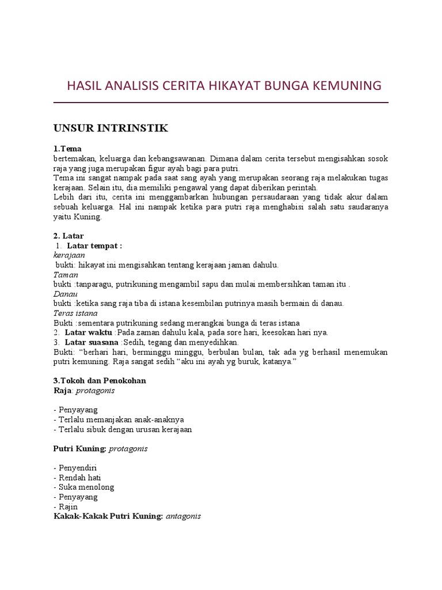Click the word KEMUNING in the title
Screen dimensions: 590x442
tap(346, 86)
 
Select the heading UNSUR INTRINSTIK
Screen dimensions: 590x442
tap(110, 128)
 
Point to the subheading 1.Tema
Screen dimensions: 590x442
tap(67, 149)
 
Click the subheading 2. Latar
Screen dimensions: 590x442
tap(68, 236)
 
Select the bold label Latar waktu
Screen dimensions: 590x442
tap(89, 332)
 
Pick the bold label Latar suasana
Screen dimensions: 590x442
tap(93, 342)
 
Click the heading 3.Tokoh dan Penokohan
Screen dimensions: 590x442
tap(100, 380)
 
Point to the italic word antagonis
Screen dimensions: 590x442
tap(183, 516)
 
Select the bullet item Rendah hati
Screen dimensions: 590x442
tap(75, 478)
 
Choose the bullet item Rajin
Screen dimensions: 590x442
tap(67, 506)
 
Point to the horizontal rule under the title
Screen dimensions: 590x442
tap(220, 103)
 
